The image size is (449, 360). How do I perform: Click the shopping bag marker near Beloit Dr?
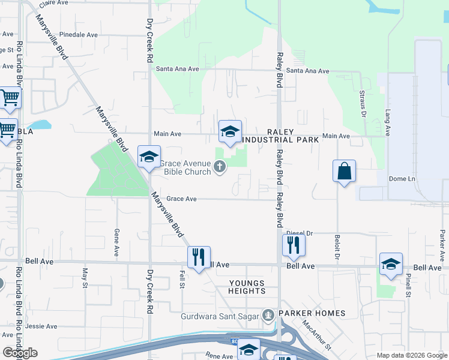point(345,171)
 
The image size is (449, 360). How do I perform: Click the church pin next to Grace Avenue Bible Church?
point(220,167)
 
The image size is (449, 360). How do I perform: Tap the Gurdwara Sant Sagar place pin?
point(268,314)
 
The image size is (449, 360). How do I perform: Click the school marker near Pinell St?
point(391,264)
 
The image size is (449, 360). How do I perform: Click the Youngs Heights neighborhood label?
point(247,287)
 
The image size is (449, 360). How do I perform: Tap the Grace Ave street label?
point(181,199)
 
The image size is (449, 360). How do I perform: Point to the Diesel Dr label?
point(300,233)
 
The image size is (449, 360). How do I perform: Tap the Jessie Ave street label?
point(41,326)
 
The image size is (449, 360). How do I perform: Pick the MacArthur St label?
point(316,335)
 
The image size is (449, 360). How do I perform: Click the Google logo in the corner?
point(20,353)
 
